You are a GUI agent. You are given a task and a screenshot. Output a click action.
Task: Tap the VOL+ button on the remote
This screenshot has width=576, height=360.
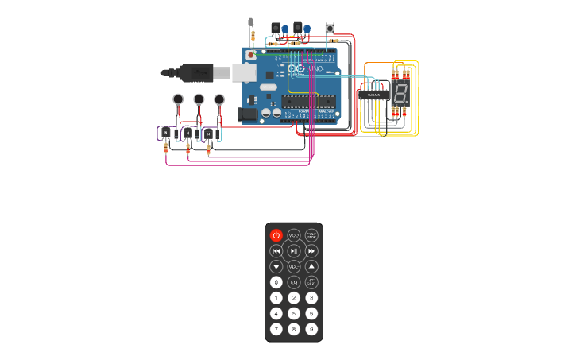click(294, 235)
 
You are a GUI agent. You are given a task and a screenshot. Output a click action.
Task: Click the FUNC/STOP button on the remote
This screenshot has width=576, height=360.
click(311, 235)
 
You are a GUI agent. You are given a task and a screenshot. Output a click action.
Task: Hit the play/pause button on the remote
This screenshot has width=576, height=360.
click(294, 251)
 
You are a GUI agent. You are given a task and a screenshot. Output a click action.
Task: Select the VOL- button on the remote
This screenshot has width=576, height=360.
click(294, 267)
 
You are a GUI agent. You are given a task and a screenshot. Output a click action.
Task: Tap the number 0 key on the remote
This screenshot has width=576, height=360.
click(276, 282)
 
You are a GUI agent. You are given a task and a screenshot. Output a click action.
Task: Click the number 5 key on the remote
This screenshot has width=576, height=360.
click(294, 313)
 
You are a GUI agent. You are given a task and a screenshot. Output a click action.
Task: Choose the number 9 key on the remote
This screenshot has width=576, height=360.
click(311, 329)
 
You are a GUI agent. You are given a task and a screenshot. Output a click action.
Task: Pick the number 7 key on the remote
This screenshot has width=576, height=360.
click(276, 329)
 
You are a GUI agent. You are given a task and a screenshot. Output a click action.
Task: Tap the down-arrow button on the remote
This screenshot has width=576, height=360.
click(276, 267)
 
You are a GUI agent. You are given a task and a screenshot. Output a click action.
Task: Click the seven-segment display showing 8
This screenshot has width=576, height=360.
click(400, 94)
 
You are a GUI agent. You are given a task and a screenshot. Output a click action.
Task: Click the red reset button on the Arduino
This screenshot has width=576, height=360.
click(252, 55)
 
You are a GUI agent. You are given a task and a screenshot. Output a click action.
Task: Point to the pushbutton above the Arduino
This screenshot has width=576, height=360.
click(330, 29)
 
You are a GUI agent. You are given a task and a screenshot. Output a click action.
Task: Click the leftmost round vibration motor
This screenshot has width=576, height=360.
click(178, 99)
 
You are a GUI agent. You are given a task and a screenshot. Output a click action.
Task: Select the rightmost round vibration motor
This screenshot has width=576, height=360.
click(219, 99)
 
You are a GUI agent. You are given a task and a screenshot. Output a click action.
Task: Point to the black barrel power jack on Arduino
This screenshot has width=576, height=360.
click(249, 114)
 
